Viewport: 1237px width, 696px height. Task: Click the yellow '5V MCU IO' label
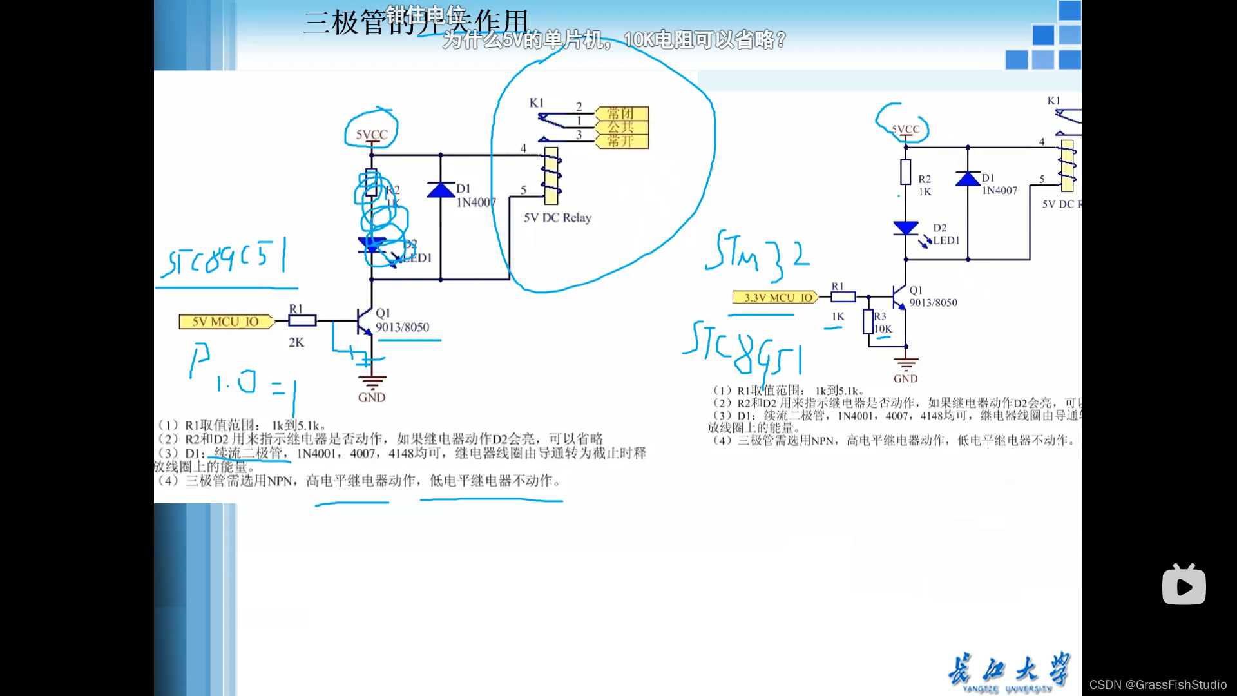pyautogui.click(x=225, y=322)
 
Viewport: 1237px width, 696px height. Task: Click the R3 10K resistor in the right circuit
pyautogui.click(x=868, y=322)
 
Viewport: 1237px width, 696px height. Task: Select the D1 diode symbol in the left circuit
pyautogui.click(x=441, y=189)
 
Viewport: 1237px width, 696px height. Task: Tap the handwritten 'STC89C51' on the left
pyautogui.click(x=225, y=258)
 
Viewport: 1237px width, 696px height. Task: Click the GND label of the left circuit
pyautogui.click(x=372, y=398)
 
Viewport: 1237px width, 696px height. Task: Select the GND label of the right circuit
pyautogui.click(x=905, y=378)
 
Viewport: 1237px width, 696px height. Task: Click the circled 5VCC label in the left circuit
pyautogui.click(x=372, y=134)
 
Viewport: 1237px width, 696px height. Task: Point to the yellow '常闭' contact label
pyautogui.click(x=621, y=113)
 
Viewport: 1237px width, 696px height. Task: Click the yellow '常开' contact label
pyautogui.click(x=621, y=141)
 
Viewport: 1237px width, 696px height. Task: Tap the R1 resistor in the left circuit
pyautogui.click(x=302, y=321)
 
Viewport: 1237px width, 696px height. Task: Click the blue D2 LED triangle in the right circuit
pyautogui.click(x=905, y=227)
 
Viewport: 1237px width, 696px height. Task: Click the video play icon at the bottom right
pyautogui.click(x=1184, y=585)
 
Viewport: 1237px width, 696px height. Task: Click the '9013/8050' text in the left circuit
pyautogui.click(x=402, y=327)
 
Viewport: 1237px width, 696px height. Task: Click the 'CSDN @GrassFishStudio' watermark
pyautogui.click(x=1158, y=684)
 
